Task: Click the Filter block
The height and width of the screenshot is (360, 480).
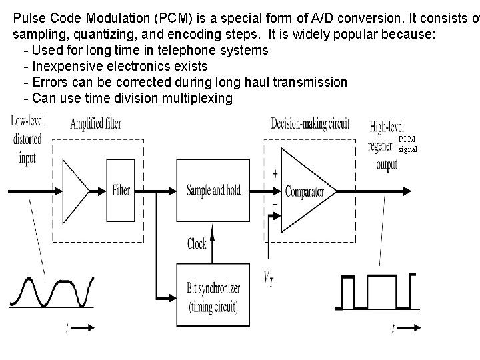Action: pyautogui.click(x=121, y=191)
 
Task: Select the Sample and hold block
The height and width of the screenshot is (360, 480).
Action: pyautogui.click(x=213, y=191)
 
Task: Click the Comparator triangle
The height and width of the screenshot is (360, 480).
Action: pyautogui.click(x=304, y=192)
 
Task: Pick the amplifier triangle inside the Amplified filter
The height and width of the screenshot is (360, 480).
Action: pyautogui.click(x=76, y=189)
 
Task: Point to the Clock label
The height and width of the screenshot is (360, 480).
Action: pyautogui.click(x=197, y=244)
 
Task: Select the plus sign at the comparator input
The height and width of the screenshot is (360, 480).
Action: pyautogui.click(x=275, y=174)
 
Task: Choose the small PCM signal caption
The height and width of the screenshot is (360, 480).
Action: pyautogui.click(x=407, y=144)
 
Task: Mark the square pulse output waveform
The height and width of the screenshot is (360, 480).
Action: pyautogui.click(x=377, y=291)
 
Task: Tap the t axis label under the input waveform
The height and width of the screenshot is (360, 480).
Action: pyautogui.click(x=67, y=327)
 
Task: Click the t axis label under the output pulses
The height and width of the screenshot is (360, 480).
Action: pyautogui.click(x=393, y=327)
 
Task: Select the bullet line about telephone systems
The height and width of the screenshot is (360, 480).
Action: pyautogui.click(x=145, y=50)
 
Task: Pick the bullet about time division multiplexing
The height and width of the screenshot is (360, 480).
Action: pyautogui.click(x=127, y=99)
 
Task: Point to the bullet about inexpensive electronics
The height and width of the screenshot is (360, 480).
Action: pyautogui.click(x=115, y=66)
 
